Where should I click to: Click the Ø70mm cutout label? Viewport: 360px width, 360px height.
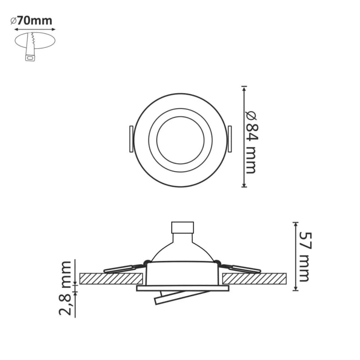[32, 21]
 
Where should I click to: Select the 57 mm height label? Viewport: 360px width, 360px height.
[304, 256]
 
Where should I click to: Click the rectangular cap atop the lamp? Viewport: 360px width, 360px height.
[182, 228]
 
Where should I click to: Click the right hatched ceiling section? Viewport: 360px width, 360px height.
[254, 278]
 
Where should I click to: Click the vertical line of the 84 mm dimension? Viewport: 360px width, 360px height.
[244, 137]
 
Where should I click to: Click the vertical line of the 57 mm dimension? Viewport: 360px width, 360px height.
[295, 256]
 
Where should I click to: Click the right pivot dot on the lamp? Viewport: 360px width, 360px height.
[216, 261]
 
